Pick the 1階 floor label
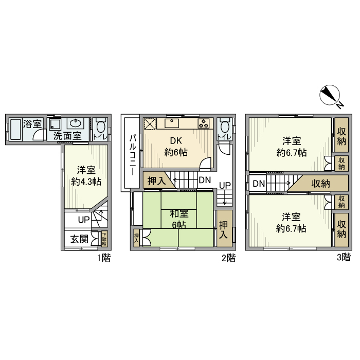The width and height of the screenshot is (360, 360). point(103,258)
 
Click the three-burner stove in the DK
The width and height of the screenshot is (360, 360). point(204,123)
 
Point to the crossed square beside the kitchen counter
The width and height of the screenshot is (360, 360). point(150,124)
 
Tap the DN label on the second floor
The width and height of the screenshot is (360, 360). point(205,180)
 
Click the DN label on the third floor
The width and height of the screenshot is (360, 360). point(259,184)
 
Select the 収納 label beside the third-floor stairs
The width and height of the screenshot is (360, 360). point(320,184)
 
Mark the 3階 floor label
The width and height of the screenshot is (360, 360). point(344,258)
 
